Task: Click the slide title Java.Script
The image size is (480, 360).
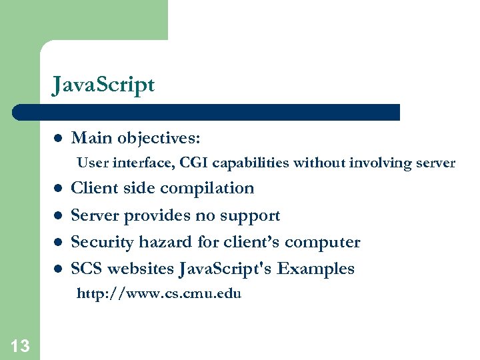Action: pos(103,85)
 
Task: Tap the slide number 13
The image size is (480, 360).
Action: pos(20,345)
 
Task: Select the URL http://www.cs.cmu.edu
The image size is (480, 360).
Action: pos(159,293)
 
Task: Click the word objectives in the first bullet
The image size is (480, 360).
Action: pos(159,138)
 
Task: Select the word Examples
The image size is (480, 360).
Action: pos(315,269)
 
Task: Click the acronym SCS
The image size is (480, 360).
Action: pos(87,269)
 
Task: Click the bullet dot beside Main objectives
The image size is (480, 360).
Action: pos(58,139)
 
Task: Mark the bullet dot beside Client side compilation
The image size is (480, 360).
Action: pos(58,189)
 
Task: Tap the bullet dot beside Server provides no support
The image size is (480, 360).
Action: pos(58,216)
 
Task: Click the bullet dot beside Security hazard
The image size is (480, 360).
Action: pos(58,243)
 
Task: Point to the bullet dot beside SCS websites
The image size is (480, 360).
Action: pos(58,269)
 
